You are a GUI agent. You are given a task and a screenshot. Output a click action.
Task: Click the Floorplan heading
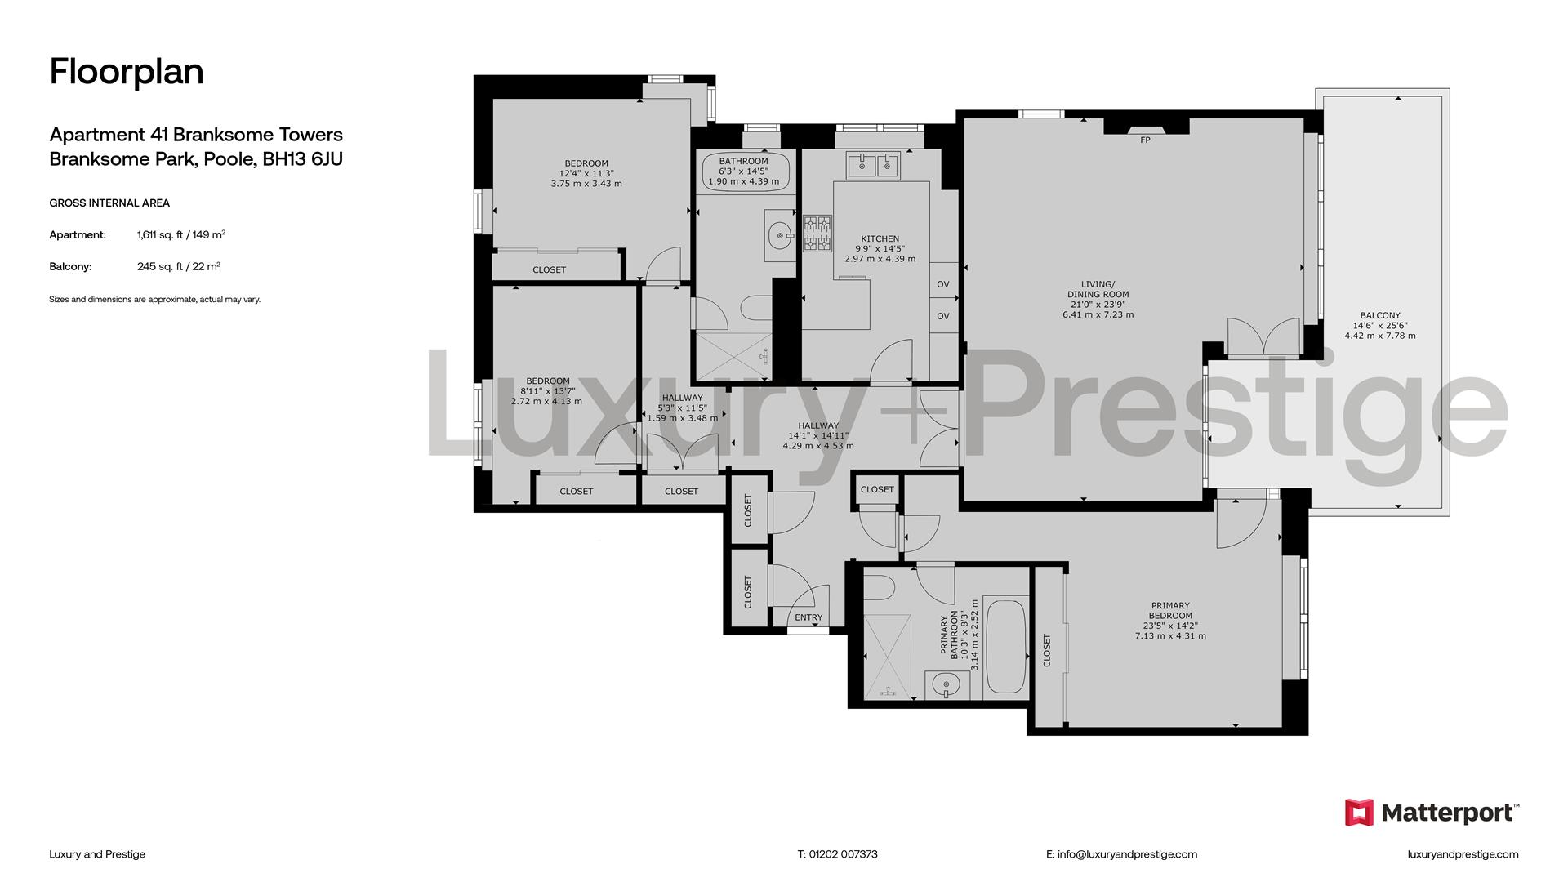tap(127, 72)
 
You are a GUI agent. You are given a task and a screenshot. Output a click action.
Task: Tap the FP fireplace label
tap(1145, 140)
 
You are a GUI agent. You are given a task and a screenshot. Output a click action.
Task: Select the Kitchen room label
tap(880, 239)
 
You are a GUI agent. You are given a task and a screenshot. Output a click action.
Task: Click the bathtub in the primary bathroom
tap(1006, 647)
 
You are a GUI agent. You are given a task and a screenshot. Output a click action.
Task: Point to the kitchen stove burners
tap(817, 233)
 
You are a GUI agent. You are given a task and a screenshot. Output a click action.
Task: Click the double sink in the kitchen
tap(874, 166)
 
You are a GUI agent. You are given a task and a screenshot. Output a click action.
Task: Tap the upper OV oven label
tap(943, 284)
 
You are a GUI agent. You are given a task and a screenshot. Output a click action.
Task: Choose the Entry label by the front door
tap(808, 617)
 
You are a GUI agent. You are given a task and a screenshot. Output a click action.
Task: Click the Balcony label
tap(1380, 315)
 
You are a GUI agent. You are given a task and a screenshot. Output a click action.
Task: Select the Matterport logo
tap(1432, 813)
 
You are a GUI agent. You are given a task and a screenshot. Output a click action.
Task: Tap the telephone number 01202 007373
tap(843, 854)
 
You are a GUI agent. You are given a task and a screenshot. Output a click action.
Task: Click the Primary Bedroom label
tap(1170, 611)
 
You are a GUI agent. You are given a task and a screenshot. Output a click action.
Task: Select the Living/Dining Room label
tap(1098, 289)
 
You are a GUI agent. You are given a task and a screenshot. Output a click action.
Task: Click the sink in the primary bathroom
tap(947, 684)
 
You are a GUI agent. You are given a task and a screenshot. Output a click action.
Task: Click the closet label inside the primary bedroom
tap(1047, 651)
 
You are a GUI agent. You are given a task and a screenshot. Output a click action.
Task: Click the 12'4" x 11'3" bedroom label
tap(586, 173)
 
